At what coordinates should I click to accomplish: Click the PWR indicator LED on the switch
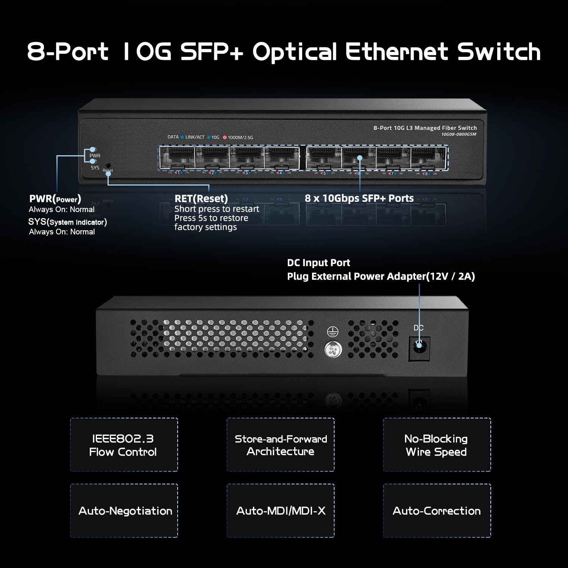(92, 150)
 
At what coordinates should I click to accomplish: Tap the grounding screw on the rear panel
(333, 350)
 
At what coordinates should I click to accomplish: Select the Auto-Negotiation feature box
(124, 510)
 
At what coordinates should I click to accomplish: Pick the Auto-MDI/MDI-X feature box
(281, 510)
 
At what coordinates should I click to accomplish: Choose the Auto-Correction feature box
(437, 510)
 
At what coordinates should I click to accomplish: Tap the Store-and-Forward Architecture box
(281, 445)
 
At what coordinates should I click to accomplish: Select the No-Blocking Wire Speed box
(437, 445)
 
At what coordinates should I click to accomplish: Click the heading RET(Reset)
(201, 198)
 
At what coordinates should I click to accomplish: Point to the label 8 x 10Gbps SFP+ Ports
(359, 198)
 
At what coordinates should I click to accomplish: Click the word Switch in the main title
(499, 51)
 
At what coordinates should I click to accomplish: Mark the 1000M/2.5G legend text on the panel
(240, 137)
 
